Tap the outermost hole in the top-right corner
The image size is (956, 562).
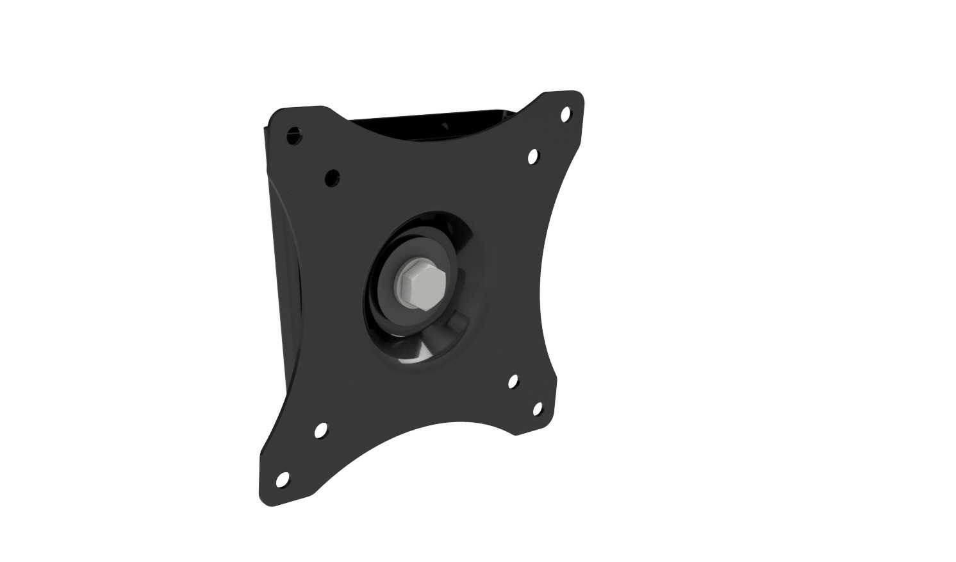click(566, 114)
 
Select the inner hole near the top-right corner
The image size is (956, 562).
click(532, 155)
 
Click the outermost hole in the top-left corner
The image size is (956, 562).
click(294, 135)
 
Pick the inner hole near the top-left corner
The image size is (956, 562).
click(332, 177)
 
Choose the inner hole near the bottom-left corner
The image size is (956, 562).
click(320, 430)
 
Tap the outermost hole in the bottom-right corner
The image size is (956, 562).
click(537, 409)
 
